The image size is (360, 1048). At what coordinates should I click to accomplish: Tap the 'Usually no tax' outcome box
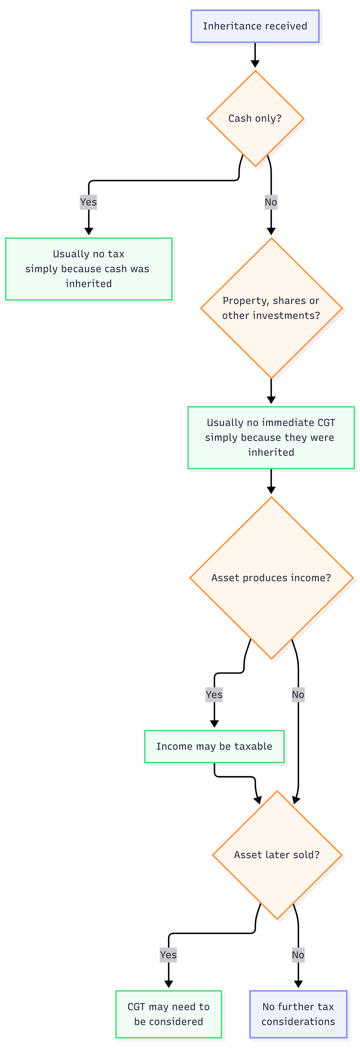coord(89,269)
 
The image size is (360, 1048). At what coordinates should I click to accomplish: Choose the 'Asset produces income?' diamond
coord(271,578)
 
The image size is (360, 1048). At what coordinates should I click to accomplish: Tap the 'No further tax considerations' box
coord(298,1014)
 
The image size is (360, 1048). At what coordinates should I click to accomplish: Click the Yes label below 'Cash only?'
coord(89,202)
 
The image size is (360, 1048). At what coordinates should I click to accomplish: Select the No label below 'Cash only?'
coord(271,202)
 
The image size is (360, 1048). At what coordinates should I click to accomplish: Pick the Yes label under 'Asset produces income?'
coord(214,694)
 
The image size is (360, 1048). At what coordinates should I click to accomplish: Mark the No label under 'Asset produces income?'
coord(298,694)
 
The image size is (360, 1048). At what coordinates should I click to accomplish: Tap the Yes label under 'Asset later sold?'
coord(168,955)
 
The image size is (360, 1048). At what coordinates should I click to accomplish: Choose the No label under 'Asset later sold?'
coord(298,955)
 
